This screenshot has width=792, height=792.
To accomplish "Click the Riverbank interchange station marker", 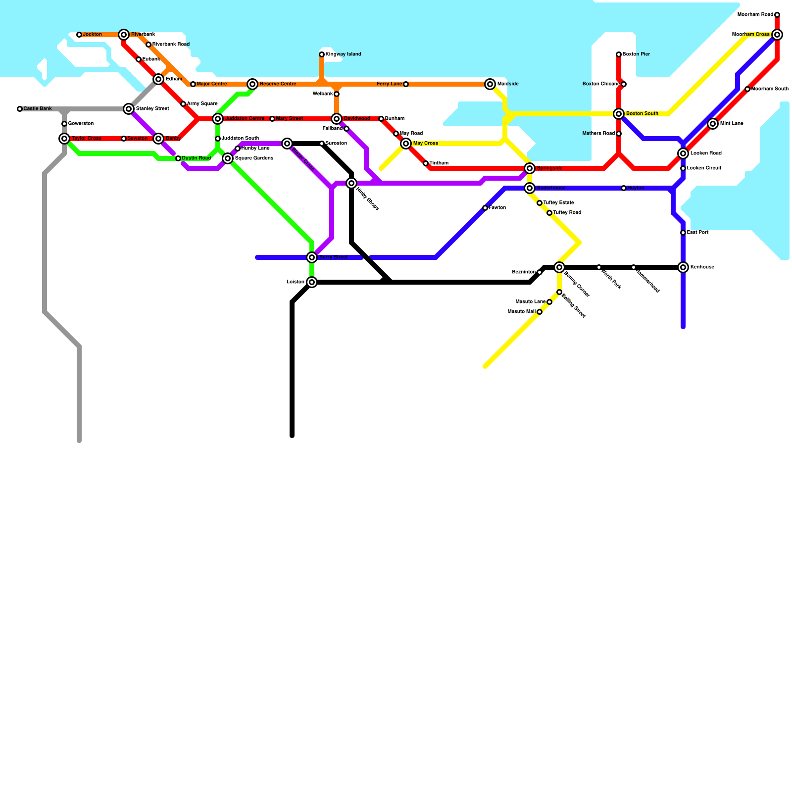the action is point(124,35).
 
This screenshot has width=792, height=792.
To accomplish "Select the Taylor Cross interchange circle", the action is point(64,139).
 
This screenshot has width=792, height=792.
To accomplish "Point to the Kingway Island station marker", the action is point(322,54).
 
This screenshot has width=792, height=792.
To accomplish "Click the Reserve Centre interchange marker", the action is point(252,84).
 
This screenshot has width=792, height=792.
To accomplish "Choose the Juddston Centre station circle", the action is point(218,119).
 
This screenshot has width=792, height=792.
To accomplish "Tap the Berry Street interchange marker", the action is point(312,257).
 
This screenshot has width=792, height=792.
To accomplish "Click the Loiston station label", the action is point(296,282).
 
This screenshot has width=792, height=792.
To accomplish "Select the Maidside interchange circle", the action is point(490,84).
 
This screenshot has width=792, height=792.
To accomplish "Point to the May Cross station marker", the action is point(406,144).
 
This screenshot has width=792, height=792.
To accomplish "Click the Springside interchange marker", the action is point(530,168).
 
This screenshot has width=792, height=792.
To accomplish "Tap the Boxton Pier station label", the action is point(637,54).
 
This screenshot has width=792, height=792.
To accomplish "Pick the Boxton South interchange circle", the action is point(619,114).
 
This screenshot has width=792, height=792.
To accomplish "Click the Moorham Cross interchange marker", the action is point(777,35).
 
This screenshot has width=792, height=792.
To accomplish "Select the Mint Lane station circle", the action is point(713,124).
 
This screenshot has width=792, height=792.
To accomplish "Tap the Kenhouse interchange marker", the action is point(683,267).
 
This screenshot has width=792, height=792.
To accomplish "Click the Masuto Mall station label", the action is point(522,312).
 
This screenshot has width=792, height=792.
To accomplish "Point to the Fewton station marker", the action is point(485,208).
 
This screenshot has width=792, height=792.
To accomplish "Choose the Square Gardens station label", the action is point(254,158).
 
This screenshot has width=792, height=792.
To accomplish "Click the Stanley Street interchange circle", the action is point(129,109).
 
